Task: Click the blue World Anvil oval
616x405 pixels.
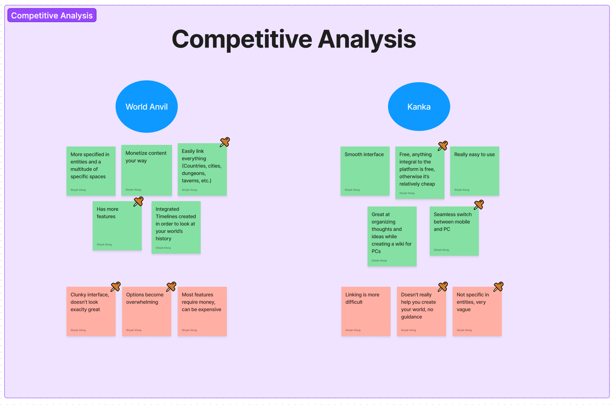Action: pyautogui.click(x=147, y=107)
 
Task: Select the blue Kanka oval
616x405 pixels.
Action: pyautogui.click(x=419, y=107)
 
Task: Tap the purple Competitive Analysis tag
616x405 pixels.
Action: pyautogui.click(x=52, y=15)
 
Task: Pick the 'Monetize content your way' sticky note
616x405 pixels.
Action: pyautogui.click(x=146, y=170)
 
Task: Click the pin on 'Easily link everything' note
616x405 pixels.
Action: pyautogui.click(x=225, y=142)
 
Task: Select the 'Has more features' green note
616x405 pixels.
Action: pyautogui.click(x=117, y=226)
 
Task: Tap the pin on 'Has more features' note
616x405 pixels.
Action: pyautogui.click(x=139, y=201)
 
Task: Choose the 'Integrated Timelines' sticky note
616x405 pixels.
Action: pyautogui.click(x=176, y=227)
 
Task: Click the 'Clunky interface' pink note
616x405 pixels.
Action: pyautogui.click(x=91, y=311)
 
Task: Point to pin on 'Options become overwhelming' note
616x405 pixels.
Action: pyautogui.click(x=171, y=287)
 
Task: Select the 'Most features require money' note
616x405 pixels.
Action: pyautogui.click(x=202, y=311)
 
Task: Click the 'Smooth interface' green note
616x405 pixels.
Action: pyautogui.click(x=365, y=171)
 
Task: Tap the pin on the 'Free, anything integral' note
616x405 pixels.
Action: pyautogui.click(x=443, y=146)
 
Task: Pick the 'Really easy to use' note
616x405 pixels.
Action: pyautogui.click(x=475, y=171)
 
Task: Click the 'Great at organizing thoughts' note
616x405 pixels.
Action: pyautogui.click(x=392, y=236)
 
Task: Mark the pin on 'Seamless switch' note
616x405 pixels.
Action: pyautogui.click(x=479, y=205)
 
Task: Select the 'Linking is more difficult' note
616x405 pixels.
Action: pyautogui.click(x=365, y=311)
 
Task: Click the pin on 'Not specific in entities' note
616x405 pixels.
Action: pyautogui.click(x=498, y=287)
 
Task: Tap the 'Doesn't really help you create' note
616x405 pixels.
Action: pyautogui.click(x=421, y=311)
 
